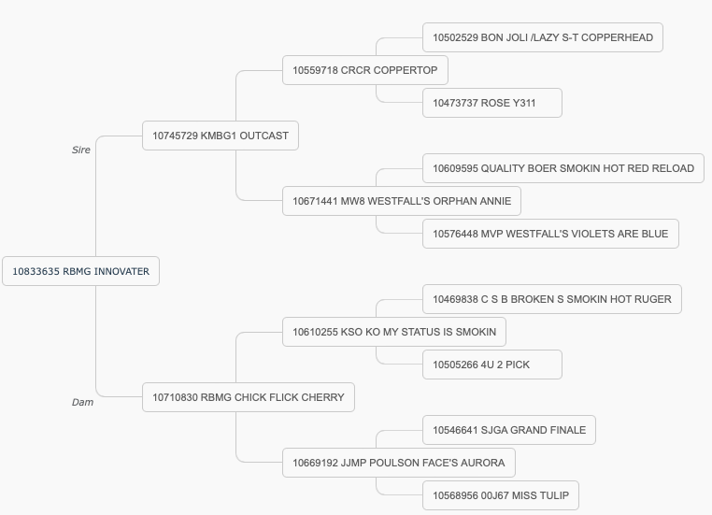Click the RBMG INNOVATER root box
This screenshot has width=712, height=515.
81,271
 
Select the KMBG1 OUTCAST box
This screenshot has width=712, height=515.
221,136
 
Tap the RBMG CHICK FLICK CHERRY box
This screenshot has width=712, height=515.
249,397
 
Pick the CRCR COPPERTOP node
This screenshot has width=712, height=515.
365,70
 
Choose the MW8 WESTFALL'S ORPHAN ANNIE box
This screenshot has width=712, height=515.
402,201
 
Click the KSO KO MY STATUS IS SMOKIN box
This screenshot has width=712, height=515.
394,332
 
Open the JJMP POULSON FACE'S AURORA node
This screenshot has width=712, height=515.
399,463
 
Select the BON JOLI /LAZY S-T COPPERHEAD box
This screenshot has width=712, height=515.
543,37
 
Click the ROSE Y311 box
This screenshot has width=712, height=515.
492,103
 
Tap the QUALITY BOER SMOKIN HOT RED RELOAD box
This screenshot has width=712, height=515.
563,168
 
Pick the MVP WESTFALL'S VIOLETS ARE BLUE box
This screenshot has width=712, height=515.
550,234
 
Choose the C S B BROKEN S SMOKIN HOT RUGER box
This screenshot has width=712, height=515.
551,299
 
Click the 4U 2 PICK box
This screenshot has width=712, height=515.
492,365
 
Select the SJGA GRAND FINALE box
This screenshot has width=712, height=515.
509,430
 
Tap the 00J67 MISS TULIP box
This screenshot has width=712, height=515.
501,495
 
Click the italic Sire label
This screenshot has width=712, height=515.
81,150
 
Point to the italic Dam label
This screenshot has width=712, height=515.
82,402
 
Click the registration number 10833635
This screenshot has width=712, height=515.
36,272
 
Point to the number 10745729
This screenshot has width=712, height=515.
175,136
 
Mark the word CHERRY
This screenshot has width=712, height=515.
323,397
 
